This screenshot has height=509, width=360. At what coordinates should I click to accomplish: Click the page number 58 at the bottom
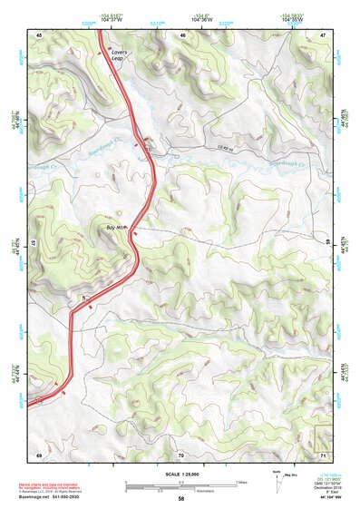coord(180,498)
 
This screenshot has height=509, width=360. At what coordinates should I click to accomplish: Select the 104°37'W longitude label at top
coord(112,21)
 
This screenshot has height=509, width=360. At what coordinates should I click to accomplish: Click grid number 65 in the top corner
coord(39,34)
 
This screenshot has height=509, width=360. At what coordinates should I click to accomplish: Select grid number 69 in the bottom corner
coord(39,454)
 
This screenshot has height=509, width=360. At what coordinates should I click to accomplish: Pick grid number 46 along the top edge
coord(182,34)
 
